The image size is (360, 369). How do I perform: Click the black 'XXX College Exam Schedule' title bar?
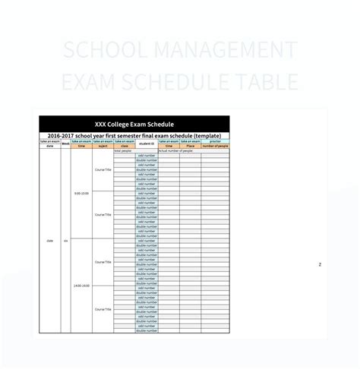point(134,124)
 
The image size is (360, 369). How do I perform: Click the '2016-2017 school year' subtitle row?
point(134,135)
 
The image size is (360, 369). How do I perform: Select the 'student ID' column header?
point(147,143)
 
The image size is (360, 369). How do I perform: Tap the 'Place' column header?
point(191,146)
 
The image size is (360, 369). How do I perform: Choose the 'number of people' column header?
point(215,146)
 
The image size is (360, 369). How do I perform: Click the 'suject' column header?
point(103,146)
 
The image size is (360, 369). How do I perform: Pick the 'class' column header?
point(124,146)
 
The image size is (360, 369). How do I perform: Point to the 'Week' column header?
point(65,143)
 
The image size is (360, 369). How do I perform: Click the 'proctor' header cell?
point(215,141)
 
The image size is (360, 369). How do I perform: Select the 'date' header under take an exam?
point(49,146)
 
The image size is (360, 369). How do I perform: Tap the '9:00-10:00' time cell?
point(81,194)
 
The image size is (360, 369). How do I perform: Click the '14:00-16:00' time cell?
point(81,285)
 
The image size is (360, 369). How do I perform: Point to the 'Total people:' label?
point(122,151)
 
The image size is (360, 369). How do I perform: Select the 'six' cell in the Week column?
point(65,241)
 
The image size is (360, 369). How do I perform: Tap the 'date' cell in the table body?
point(49,241)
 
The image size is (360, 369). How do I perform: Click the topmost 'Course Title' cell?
point(103,170)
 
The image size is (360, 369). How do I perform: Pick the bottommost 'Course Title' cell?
point(103,309)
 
